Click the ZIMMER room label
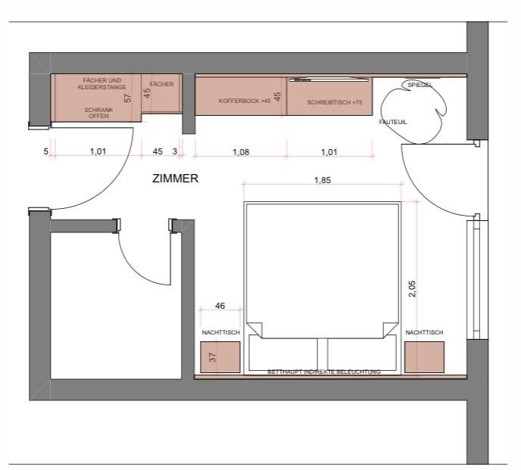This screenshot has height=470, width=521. pos(175,179)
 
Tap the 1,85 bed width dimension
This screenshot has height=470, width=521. pos(323,180)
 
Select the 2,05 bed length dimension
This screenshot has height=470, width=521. pos(412,288)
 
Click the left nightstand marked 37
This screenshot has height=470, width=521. pos(220,357)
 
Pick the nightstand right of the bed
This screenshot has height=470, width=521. pos(424,357)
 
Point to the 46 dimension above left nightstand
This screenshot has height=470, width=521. pos(220,306)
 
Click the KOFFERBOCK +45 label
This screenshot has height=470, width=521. pos(245,101)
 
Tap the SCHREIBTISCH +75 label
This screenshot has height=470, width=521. pos(335,102)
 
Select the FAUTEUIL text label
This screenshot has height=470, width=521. pos(393,122)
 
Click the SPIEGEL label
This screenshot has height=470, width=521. pos(420,85)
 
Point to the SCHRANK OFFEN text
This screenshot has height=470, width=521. pos(98,113)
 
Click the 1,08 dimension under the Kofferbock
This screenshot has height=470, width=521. pos(241,152)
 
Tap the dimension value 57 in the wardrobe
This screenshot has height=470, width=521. pos(127,98)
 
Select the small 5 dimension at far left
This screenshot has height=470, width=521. pos(46,151)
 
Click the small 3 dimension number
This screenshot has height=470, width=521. pos(175,151)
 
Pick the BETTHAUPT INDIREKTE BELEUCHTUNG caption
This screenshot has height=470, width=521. pos(324,372)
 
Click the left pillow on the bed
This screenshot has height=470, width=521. pos(283,353)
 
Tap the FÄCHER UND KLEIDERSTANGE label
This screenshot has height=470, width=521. pos(102,84)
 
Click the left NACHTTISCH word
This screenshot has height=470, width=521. pos(221,332)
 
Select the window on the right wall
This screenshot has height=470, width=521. pos(473,279)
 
